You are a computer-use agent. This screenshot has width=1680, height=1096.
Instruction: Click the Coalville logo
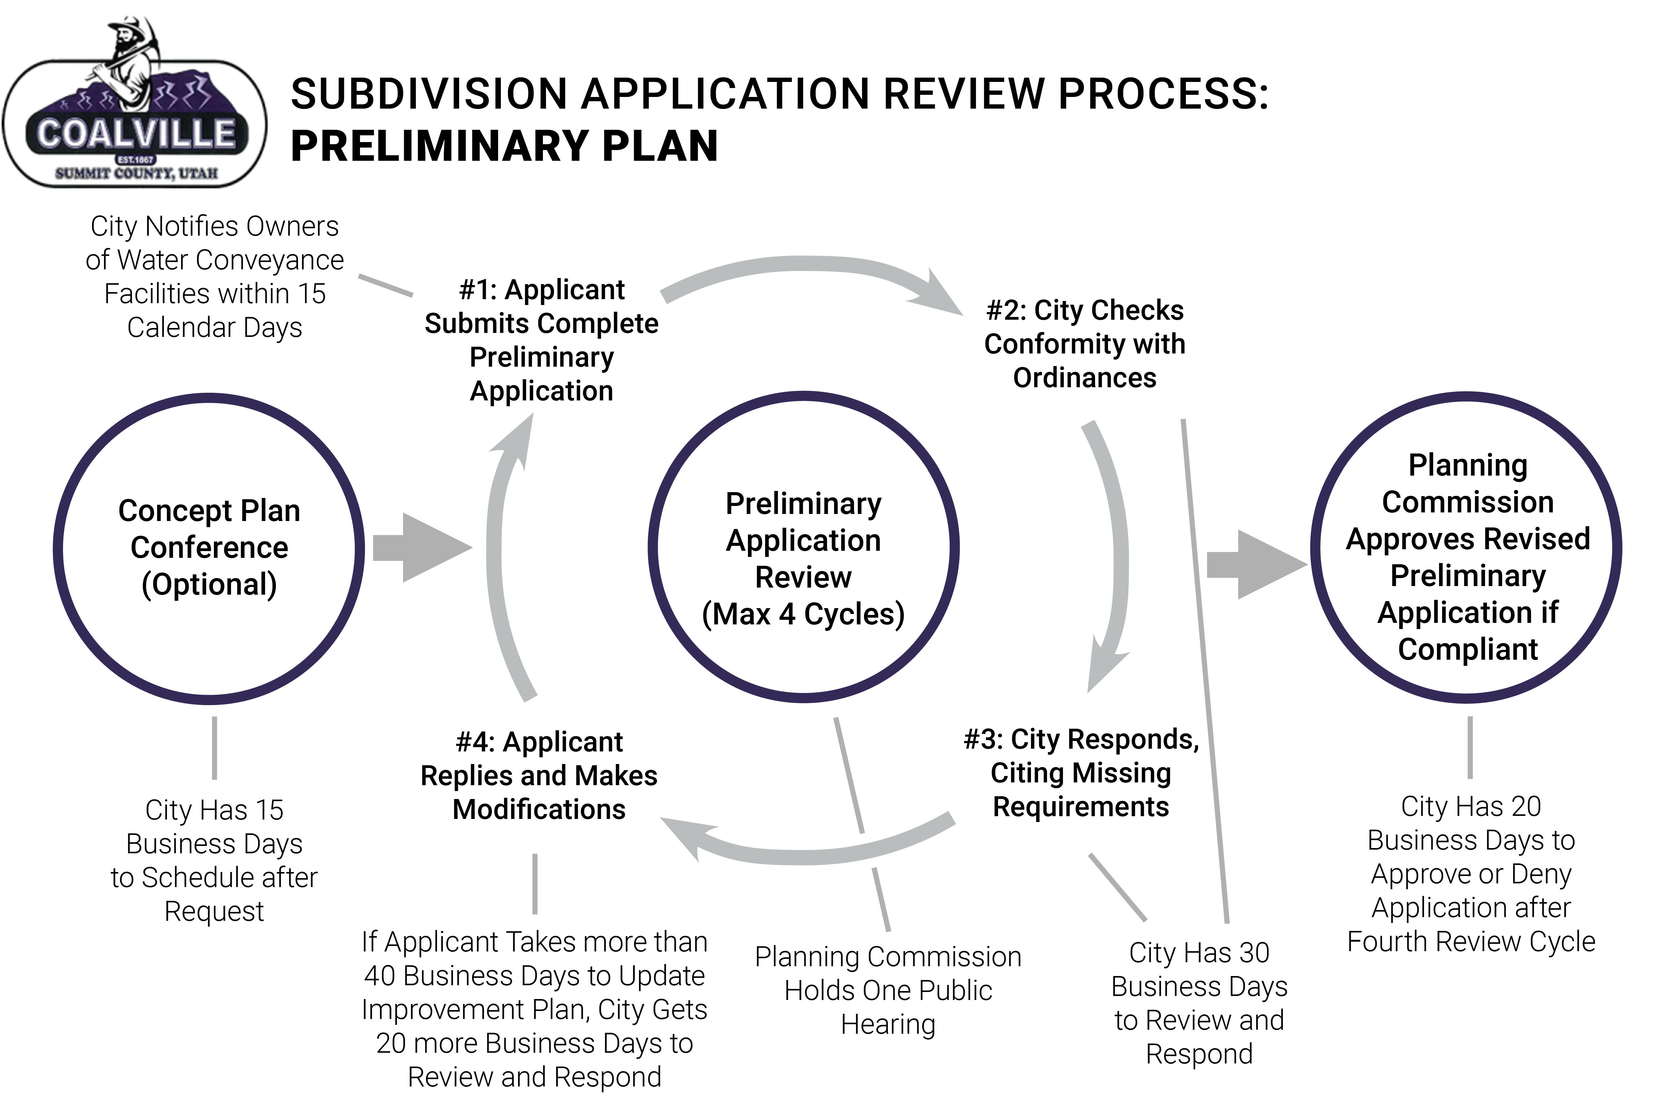pos(134,106)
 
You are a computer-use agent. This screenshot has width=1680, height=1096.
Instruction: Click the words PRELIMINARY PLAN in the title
pos(504,146)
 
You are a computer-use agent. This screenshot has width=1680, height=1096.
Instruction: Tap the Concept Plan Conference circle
pos(209,548)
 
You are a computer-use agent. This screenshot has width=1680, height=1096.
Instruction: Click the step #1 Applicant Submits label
pos(541,340)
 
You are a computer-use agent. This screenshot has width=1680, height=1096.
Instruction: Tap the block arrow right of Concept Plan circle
pos(422,548)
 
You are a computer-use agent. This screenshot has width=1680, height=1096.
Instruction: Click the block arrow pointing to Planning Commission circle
pos(1256,565)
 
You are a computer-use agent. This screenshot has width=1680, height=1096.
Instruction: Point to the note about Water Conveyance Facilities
pos(215,277)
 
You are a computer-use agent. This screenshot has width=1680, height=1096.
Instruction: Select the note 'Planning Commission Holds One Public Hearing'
pos(888,990)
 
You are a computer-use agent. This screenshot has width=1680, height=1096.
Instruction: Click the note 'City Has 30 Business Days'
pos(1198,1002)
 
